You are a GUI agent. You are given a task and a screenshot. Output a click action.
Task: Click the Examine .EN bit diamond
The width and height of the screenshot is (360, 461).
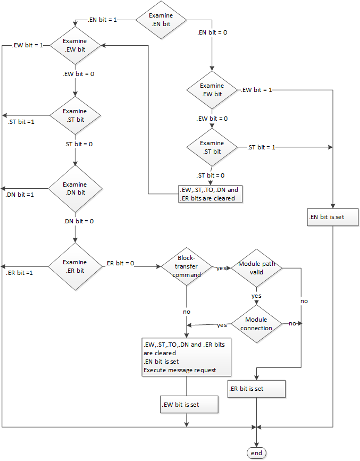pyautogui.click(x=161, y=19)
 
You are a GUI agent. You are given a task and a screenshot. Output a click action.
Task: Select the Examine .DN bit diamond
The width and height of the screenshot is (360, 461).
pyautogui.click(x=74, y=189)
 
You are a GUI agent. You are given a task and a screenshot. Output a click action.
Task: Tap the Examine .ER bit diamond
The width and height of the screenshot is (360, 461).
pyautogui.click(x=74, y=266)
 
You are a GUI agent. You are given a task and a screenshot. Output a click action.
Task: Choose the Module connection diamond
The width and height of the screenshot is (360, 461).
pyautogui.click(x=256, y=324)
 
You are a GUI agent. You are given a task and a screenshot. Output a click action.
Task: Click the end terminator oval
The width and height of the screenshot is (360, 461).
pyautogui.click(x=256, y=452)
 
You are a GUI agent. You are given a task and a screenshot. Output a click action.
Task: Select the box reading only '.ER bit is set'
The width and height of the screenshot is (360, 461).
pyautogui.click(x=257, y=389)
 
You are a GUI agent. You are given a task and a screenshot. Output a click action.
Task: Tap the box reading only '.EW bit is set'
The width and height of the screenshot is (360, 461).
pyautogui.click(x=189, y=404)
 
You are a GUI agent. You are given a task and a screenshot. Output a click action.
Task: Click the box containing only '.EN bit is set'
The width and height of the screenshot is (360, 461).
pyautogui.click(x=333, y=217)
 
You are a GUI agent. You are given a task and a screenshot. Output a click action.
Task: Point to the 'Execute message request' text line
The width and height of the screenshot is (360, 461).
pyautogui.click(x=179, y=370)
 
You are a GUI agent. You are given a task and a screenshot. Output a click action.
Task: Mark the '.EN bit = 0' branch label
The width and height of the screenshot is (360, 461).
pyautogui.click(x=212, y=32)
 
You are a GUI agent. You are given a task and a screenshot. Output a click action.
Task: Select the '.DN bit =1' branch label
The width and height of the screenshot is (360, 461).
pyautogui.click(x=20, y=195)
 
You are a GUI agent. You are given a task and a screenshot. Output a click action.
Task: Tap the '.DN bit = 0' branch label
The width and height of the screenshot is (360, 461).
pyautogui.click(x=79, y=221)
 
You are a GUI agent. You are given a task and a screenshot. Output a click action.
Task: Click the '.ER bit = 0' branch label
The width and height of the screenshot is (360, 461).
pyautogui.click(x=120, y=263)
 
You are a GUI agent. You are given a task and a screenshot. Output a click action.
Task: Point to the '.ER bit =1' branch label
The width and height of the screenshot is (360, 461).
pyautogui.click(x=20, y=273)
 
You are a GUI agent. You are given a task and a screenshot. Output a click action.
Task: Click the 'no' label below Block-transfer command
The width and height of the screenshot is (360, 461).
pyautogui.click(x=186, y=312)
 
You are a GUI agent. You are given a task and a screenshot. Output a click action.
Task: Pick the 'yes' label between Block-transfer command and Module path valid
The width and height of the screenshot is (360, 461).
pyautogui.click(x=221, y=268)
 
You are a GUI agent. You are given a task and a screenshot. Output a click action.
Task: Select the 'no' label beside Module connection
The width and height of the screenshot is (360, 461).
pyautogui.click(x=292, y=323)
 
